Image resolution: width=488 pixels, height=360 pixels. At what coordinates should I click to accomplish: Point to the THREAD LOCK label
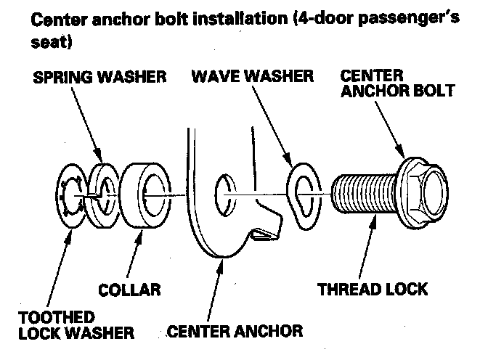(373, 290)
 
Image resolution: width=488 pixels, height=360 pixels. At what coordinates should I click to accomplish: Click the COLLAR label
(129, 290)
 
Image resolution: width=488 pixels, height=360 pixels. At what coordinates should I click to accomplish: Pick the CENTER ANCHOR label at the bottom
(235, 332)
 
